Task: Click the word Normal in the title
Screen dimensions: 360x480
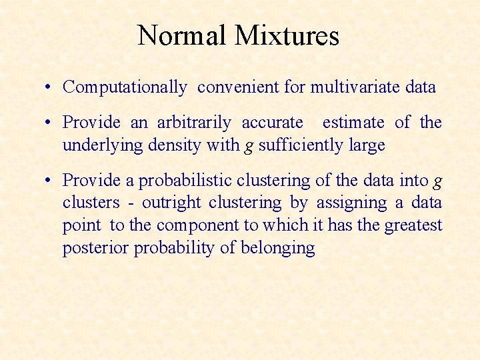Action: coord(181,35)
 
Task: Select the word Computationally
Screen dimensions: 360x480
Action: coord(125,87)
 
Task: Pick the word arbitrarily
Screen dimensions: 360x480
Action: coord(194,123)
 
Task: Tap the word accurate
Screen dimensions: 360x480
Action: coord(271,123)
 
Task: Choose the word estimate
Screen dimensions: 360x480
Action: coord(353,123)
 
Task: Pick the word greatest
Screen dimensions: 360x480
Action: coord(413,225)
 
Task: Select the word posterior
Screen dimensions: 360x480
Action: coord(95,248)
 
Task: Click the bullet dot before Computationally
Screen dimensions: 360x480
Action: coord(50,87)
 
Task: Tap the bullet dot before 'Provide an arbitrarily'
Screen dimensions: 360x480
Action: coord(50,123)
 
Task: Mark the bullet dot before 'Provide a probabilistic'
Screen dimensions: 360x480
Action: coord(50,181)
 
